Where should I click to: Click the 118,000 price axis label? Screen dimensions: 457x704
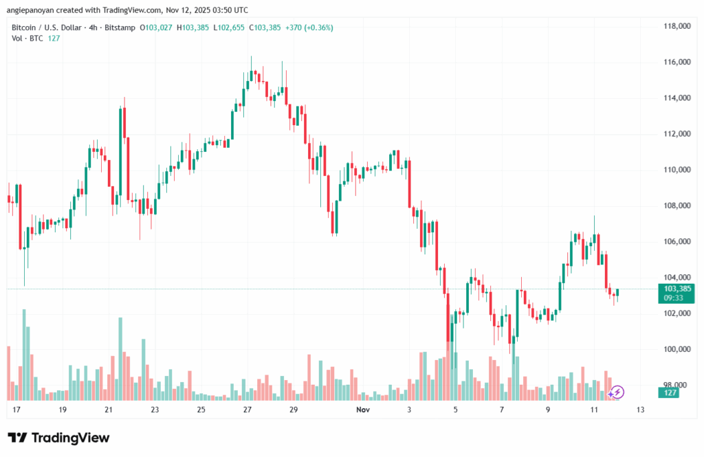pos(676,26)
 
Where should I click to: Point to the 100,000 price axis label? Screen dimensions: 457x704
pos(676,349)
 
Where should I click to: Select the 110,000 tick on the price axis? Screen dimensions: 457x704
pos(676,170)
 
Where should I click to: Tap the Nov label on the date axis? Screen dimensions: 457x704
pos(364,410)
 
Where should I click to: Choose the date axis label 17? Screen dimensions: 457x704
pos(16,410)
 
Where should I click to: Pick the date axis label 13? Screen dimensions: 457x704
pos(641,410)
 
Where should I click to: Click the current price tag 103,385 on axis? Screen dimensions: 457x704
pos(676,289)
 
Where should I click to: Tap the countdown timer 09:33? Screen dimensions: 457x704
pos(673,298)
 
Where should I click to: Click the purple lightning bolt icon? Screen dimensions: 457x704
pos(617,392)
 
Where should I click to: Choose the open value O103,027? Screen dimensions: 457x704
pos(157,27)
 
